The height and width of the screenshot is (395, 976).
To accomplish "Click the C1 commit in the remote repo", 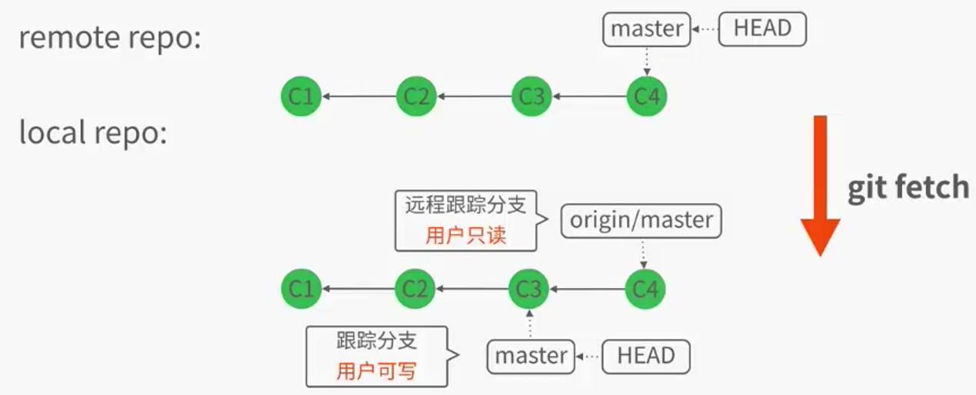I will [x=301, y=97].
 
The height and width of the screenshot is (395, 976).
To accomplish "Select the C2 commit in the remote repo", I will [x=416, y=97].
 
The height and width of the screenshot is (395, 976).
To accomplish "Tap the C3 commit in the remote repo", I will [x=531, y=97].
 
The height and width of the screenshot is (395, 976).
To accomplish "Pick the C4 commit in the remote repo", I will [x=647, y=97].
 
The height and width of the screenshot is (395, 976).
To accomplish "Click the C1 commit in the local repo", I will [x=301, y=290].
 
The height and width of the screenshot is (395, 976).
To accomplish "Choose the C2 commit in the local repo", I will [x=415, y=290].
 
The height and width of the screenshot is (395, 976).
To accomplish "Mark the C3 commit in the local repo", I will [x=529, y=290].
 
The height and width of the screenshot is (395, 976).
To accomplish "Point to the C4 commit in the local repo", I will [x=645, y=290].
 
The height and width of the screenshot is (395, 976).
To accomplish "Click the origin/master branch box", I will [x=641, y=221].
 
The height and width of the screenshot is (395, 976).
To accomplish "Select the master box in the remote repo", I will [x=646, y=29].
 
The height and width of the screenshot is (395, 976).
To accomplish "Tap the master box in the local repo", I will [x=531, y=356].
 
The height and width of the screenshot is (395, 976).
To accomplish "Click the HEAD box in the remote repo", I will [x=762, y=29].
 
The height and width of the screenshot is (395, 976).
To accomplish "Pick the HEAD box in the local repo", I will [x=646, y=356].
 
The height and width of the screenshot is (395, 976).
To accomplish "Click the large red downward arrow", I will [x=820, y=185].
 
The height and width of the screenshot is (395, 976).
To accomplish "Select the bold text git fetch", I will [x=908, y=188].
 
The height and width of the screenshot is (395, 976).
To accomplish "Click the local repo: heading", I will [x=93, y=133].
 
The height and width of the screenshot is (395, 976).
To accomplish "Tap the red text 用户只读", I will [x=465, y=235].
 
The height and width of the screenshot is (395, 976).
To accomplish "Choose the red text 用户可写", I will [x=376, y=371].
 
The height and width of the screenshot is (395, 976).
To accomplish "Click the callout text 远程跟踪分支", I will [x=465, y=205].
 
